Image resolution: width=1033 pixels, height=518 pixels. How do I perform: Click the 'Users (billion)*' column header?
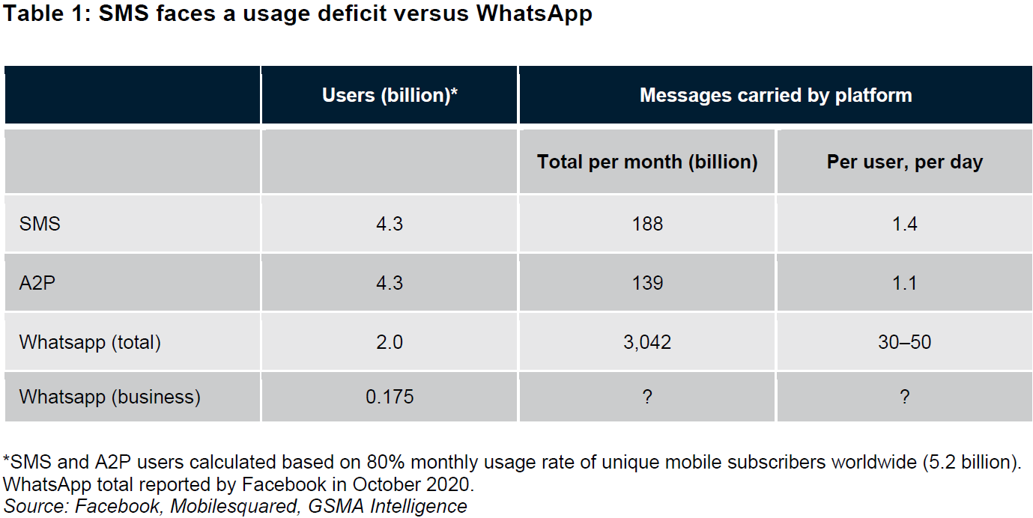(390, 96)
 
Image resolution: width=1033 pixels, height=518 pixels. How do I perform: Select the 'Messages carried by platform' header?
(775, 96)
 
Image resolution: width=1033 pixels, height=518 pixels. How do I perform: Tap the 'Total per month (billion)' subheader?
(647, 162)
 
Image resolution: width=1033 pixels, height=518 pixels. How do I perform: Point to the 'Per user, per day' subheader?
(904, 162)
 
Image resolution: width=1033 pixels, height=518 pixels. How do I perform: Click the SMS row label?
(40, 224)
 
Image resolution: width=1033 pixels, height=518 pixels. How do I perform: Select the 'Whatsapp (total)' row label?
(90, 342)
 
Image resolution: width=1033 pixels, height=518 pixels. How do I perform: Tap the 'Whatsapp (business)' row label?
(109, 397)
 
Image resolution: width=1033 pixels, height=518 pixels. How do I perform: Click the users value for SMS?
(390, 224)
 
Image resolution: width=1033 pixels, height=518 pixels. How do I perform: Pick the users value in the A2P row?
(390, 283)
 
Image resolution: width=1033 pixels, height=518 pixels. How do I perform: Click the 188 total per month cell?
(647, 224)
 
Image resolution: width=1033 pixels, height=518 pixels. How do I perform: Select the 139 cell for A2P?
(647, 283)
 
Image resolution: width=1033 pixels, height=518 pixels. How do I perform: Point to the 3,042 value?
(647, 342)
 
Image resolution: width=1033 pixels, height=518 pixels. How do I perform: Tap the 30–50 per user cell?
(904, 342)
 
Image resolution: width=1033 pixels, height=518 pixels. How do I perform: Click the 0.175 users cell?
(390, 397)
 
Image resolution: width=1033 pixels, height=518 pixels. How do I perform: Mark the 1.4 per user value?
(904, 224)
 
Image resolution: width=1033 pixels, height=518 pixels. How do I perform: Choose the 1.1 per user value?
(904, 283)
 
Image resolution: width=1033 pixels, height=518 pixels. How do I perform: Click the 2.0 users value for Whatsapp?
(390, 342)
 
